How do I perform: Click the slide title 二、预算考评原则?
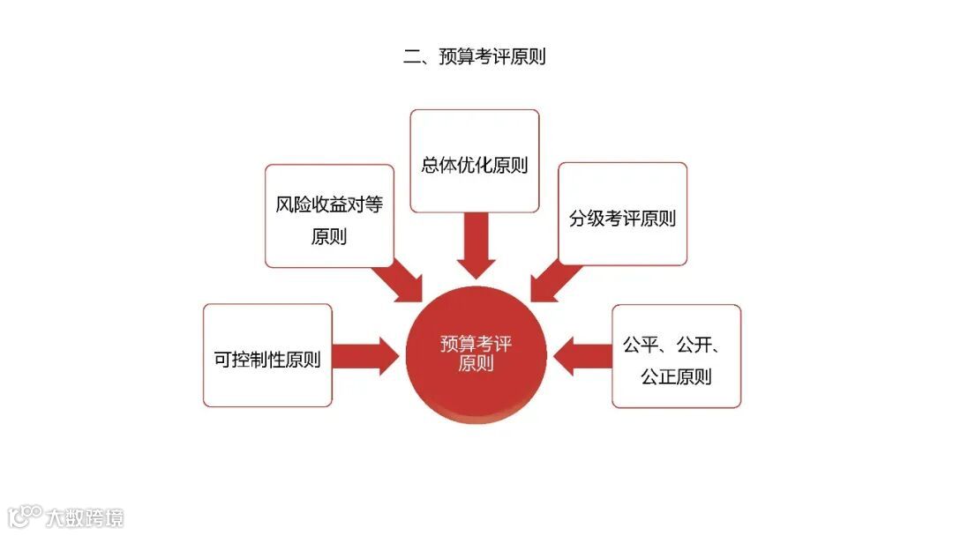[475, 57]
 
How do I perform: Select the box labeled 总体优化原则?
[475, 161]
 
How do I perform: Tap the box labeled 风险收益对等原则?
[329, 216]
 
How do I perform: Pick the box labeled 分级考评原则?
[622, 214]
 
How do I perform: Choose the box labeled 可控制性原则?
[267, 356]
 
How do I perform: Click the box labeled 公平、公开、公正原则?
[676, 356]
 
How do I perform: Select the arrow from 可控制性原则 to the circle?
[365, 354]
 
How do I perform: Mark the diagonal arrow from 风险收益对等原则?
[400, 280]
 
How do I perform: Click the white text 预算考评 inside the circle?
[476, 344]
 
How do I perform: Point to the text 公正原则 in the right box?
[676, 377]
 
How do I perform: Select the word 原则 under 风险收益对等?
[329, 236]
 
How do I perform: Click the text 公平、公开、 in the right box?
[676, 345]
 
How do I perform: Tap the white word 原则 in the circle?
[476, 363]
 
